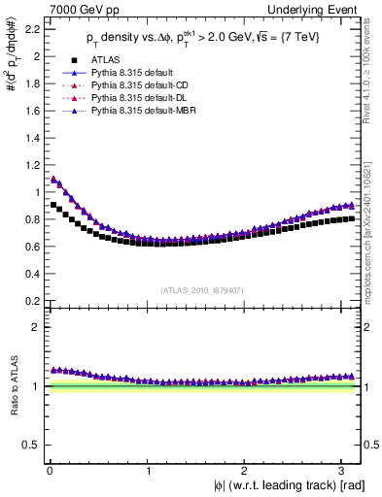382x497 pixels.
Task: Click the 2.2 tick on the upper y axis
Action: click(x=30, y=29)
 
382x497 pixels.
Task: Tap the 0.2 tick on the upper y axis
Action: click(x=30, y=301)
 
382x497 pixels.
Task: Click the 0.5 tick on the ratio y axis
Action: click(x=30, y=445)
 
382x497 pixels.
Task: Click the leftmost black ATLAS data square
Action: click(x=52, y=205)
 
